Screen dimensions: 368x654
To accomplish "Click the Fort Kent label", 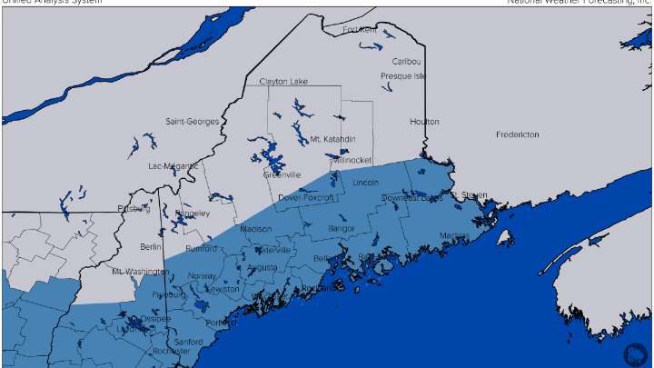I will (x=360, y=30).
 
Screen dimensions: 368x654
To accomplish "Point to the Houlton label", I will (x=424, y=122).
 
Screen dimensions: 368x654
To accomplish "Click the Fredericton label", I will (x=517, y=134).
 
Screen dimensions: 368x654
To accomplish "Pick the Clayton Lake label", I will (x=280, y=82).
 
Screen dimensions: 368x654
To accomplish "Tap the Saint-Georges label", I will (x=192, y=122).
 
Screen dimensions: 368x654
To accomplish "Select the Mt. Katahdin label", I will (x=333, y=139).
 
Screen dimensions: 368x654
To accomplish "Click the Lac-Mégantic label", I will (x=173, y=166).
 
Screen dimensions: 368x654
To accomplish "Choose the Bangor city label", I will (x=341, y=228).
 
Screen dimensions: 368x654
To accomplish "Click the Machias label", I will (x=455, y=236).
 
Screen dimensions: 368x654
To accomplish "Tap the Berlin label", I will (x=151, y=246).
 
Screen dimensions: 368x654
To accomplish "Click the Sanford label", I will (x=187, y=342).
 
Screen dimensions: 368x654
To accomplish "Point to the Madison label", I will (x=256, y=229).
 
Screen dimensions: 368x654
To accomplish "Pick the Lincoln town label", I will (x=365, y=184).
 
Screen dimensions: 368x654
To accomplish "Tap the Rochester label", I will (x=172, y=351).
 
